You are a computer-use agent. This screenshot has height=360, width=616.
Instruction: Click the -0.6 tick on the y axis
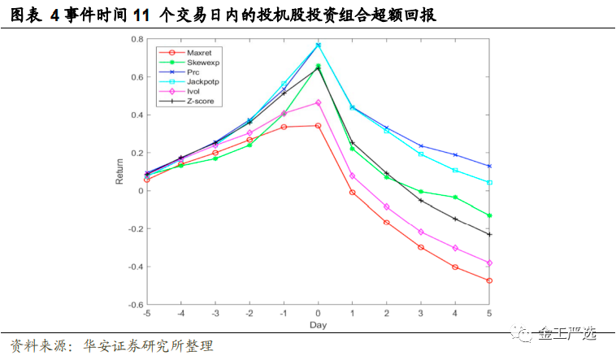(x=135, y=305)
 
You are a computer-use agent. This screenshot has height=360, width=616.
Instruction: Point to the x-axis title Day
(x=318, y=325)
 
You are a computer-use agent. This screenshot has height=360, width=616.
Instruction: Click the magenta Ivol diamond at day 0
(x=318, y=103)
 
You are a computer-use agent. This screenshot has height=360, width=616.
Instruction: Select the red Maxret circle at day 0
(x=318, y=126)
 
